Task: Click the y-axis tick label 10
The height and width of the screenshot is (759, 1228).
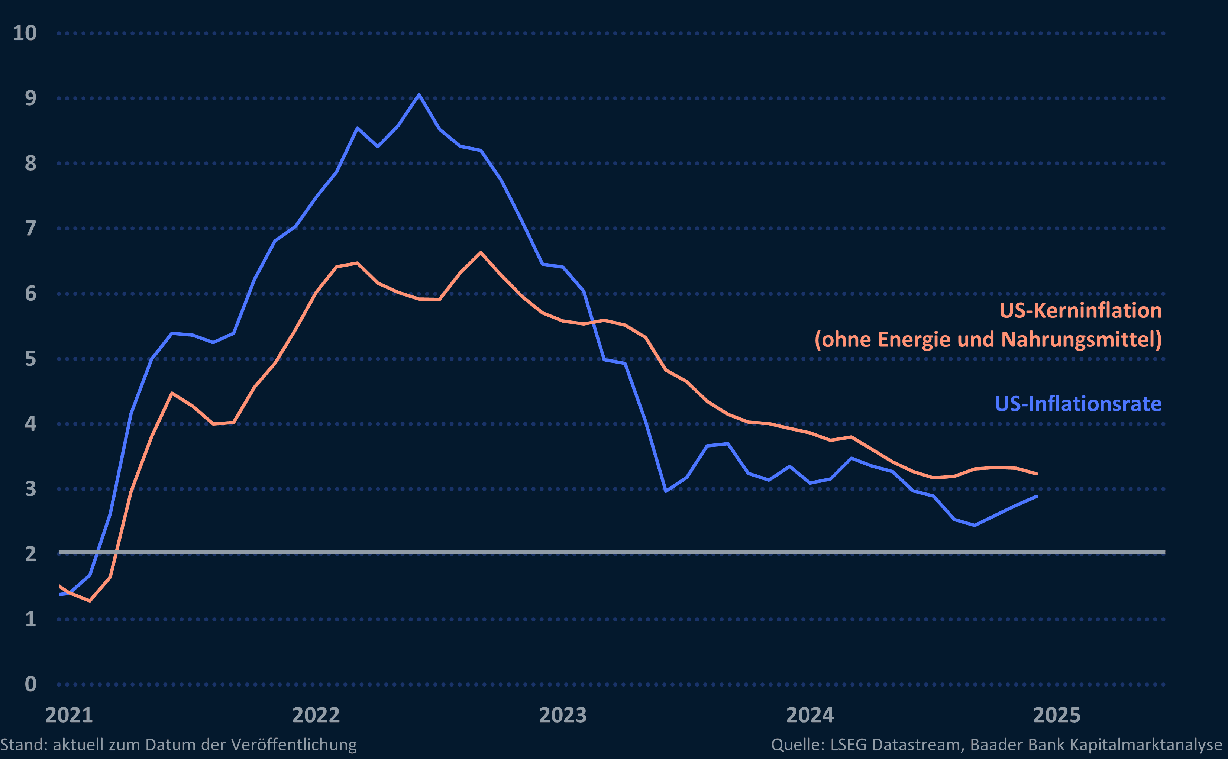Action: pos(25,33)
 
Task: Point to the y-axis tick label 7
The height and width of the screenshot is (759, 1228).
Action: pos(30,229)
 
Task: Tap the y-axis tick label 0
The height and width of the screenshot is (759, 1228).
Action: pos(30,684)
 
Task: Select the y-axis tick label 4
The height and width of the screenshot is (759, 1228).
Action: pos(30,424)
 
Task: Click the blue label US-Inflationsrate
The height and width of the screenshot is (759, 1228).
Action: pos(1077,404)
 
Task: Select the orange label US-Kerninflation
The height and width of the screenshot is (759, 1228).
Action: pos(1080,311)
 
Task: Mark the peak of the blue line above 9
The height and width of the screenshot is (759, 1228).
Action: pos(419,94)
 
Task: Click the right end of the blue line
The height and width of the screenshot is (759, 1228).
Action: pos(1036,497)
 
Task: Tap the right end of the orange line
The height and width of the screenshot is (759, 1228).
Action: pos(1036,474)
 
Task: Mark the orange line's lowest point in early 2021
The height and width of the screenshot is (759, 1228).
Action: pos(90,600)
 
